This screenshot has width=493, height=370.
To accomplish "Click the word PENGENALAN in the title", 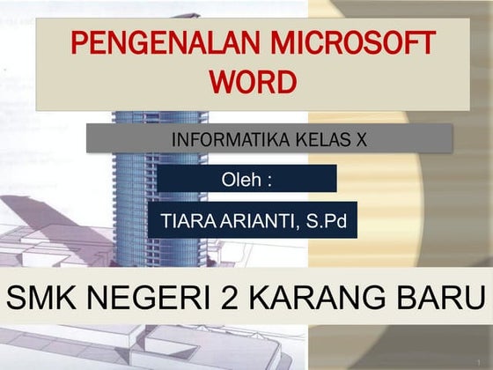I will coord(134,44).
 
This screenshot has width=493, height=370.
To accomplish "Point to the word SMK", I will coord(40,299).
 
